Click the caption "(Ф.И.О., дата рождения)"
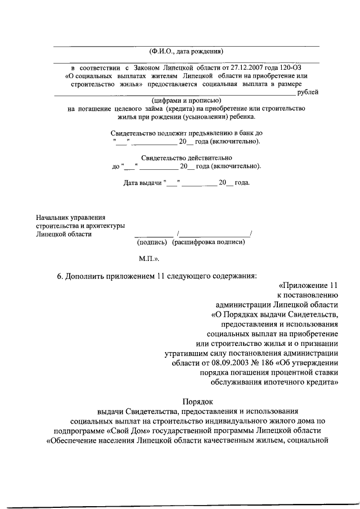click(186, 52)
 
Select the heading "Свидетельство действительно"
click(186, 158)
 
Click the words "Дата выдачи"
click(141, 183)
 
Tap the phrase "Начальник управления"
click(70, 217)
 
